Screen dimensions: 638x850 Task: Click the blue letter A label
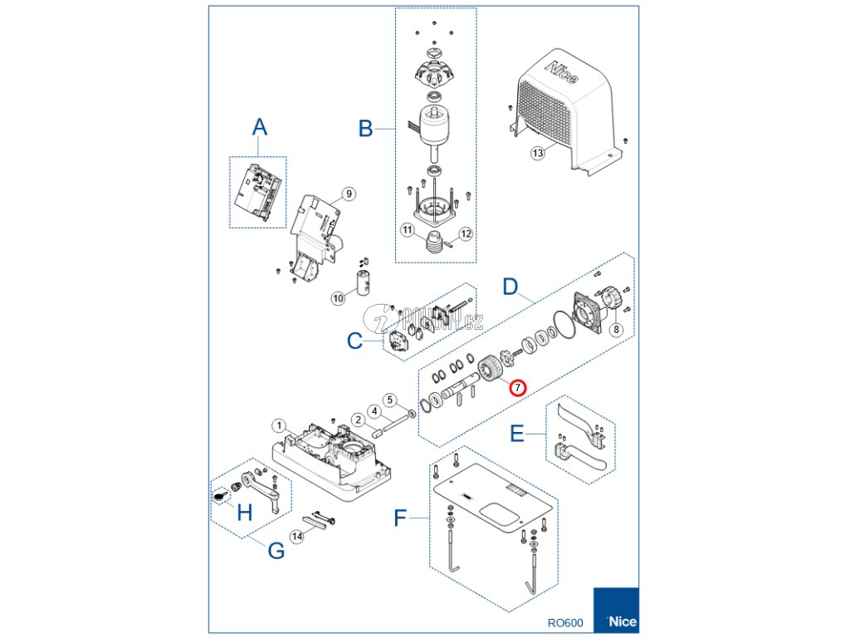coord(260,127)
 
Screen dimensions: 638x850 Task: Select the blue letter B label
coord(365,129)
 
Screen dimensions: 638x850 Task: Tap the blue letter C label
coord(354,341)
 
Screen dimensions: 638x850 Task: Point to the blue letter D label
coord(511,287)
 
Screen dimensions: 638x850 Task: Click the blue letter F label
coord(401,519)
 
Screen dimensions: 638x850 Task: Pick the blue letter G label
coord(276,550)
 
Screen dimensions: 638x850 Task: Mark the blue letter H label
coord(244,513)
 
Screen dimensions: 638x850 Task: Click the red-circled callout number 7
coord(517,387)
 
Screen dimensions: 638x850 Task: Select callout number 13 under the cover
coord(538,153)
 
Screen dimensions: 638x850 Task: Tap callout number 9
coord(349,194)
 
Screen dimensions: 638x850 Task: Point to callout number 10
coord(338,297)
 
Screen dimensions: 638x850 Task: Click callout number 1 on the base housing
coord(280,425)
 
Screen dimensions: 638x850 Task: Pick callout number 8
coord(616,329)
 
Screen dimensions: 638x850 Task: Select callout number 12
coord(466,234)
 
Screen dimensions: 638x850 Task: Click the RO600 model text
coord(565,622)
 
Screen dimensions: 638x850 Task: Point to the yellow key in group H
coord(219,497)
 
